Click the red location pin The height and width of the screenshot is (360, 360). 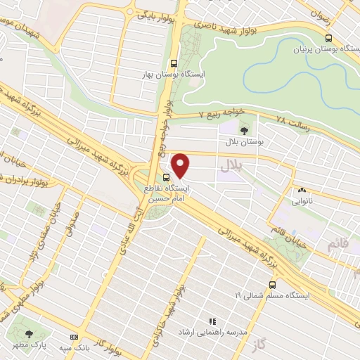181,165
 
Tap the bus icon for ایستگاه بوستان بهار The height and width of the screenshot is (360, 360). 174,61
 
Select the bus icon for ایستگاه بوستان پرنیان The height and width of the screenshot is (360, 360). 328,39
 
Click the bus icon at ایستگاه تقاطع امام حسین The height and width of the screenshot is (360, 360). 167,177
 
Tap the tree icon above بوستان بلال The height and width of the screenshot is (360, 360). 244,130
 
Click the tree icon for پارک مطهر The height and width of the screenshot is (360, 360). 29,334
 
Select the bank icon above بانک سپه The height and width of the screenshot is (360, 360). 75,337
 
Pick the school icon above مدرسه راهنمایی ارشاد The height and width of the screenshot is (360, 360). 210,321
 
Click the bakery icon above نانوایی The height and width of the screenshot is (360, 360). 301,189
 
